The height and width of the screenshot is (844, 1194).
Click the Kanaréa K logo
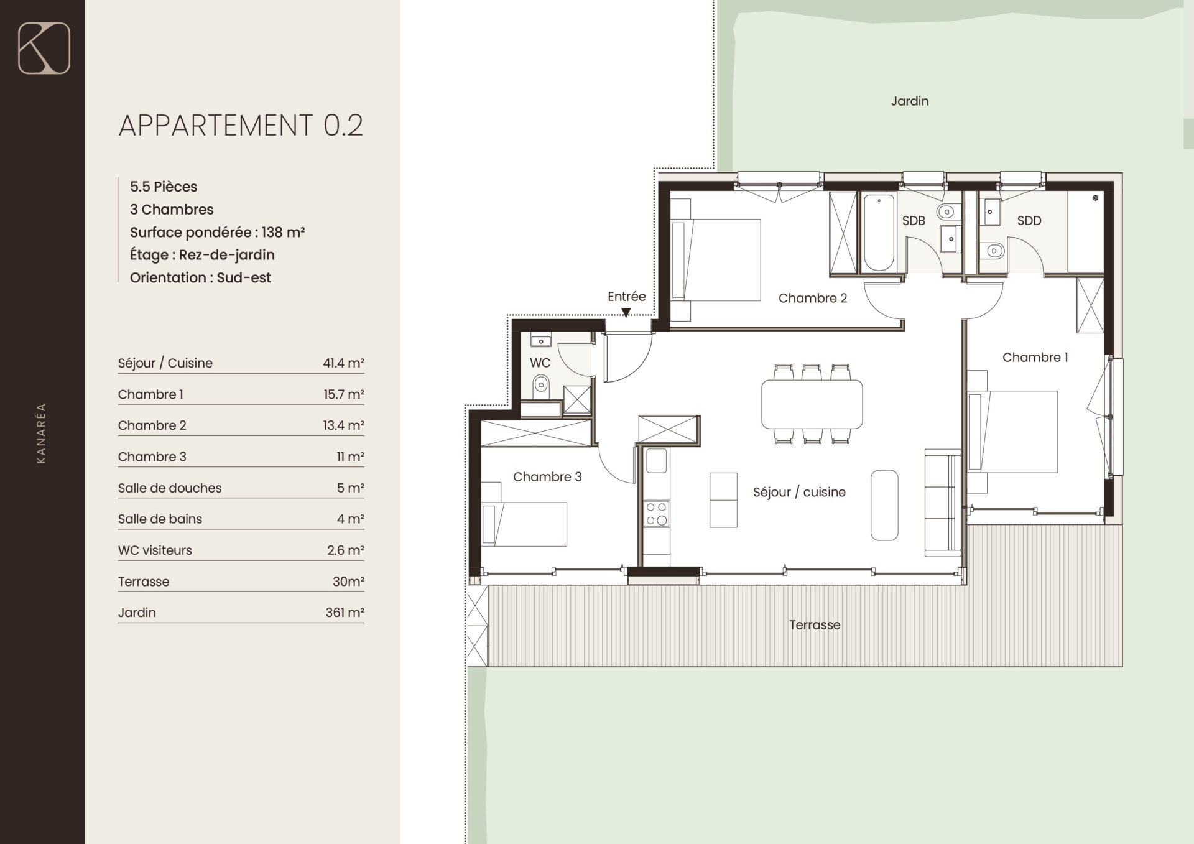tap(44, 48)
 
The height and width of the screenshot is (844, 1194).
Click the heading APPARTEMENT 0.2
tap(241, 126)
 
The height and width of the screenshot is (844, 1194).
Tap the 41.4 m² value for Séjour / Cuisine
tap(343, 363)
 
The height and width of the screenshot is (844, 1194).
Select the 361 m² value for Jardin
tap(345, 613)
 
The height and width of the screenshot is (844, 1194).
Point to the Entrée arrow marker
tap(626, 313)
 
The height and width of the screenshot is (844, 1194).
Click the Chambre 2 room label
tap(813, 298)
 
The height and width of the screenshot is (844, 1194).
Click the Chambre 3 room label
tap(547, 477)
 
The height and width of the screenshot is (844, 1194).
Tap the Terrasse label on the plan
tap(815, 625)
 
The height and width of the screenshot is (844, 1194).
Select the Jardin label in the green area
tap(910, 101)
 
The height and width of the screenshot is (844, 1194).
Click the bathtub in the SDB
tap(878, 232)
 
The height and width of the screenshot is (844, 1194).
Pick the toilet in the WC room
tap(540, 386)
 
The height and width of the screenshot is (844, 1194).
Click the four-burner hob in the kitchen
tap(657, 514)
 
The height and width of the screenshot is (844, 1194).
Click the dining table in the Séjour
tap(812, 404)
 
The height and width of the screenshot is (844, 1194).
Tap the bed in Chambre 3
tap(524, 524)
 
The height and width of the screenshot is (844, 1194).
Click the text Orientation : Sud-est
tap(200, 278)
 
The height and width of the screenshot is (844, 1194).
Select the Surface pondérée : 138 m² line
tap(217, 233)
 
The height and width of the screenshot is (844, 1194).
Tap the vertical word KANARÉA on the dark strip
tap(41, 434)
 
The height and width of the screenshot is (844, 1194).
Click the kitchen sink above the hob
tap(657, 461)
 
